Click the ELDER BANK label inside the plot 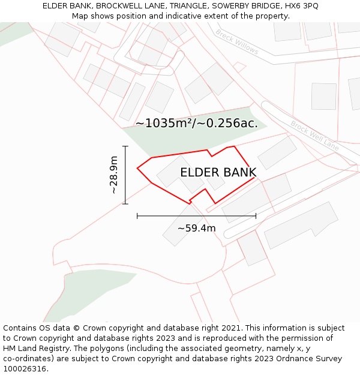pos(218,173)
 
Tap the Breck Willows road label pos(237,42)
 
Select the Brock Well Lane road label pos(314,136)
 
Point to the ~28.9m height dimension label pos(113,175)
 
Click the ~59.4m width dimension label pos(196,228)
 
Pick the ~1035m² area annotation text pos(196,124)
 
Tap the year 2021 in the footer pos(231,328)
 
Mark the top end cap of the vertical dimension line pos(125,146)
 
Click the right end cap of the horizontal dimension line pos(256,215)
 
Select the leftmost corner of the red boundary pos(137,168)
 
